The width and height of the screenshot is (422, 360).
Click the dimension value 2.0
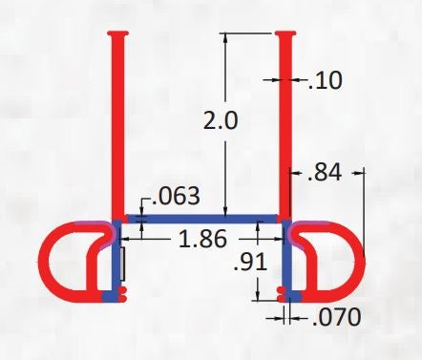point(222,121)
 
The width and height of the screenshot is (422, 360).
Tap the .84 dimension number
point(326,173)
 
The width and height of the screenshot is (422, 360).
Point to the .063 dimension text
point(176,197)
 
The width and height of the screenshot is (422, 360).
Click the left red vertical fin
point(116,124)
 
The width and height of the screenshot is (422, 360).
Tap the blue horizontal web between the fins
point(200,219)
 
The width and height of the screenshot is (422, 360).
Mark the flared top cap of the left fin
point(116,35)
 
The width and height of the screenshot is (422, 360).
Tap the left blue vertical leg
point(117,263)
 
